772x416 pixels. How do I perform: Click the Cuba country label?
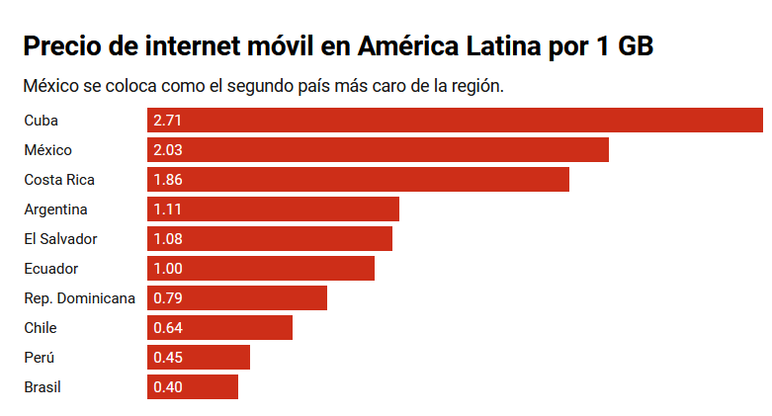(x=42, y=121)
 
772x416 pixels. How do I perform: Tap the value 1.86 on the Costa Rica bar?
(x=168, y=180)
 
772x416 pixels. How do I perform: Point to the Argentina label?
(x=55, y=209)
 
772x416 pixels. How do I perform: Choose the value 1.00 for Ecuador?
(x=168, y=269)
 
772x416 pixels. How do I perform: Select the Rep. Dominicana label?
(x=79, y=298)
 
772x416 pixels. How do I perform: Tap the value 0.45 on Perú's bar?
(x=168, y=358)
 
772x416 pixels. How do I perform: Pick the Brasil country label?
(x=43, y=387)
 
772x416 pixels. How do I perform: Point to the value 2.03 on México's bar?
(x=168, y=150)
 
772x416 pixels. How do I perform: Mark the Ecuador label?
(x=50, y=269)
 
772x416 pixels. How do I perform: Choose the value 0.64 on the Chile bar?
(x=168, y=328)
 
